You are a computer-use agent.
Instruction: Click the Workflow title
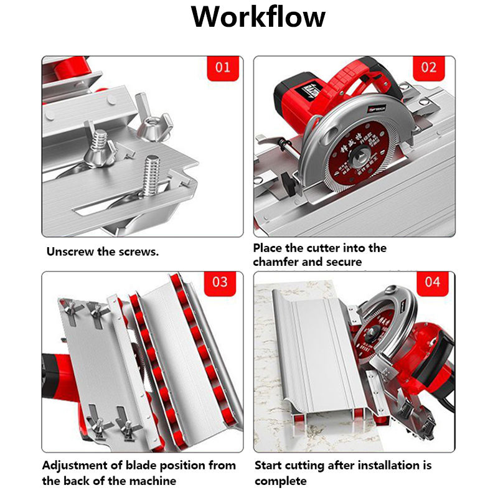(x=258, y=17)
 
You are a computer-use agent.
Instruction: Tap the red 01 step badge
(x=223, y=67)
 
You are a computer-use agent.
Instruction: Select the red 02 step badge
(x=429, y=67)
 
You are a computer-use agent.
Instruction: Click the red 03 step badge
(x=220, y=281)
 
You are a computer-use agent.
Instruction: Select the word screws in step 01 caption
(x=138, y=253)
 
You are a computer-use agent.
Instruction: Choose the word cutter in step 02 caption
(x=331, y=248)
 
